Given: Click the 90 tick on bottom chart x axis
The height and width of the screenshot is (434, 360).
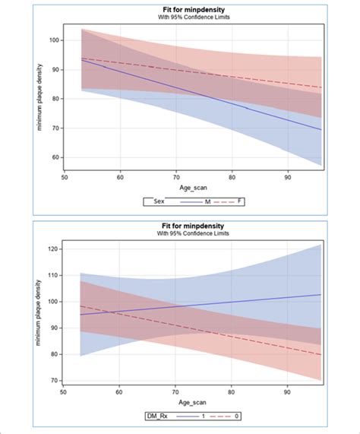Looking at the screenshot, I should tap(286, 392).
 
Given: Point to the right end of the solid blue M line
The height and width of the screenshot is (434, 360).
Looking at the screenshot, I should tap(321, 129).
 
